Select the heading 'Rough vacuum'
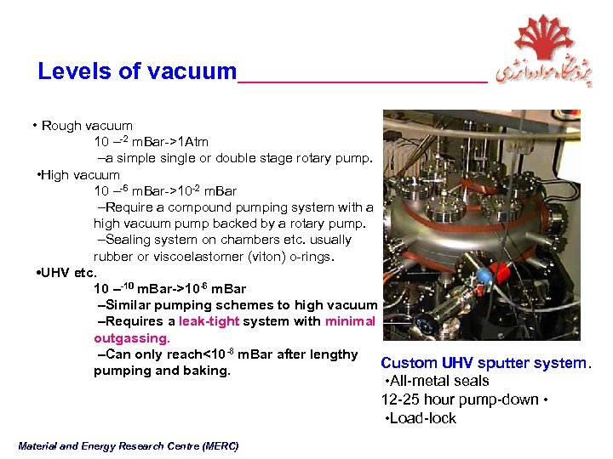click(x=87, y=126)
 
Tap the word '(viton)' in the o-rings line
click(x=241, y=257)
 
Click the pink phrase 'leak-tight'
click(x=209, y=321)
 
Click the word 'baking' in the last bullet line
click(x=206, y=371)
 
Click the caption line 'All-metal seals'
click(x=438, y=381)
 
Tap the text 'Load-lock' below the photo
click(x=422, y=418)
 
